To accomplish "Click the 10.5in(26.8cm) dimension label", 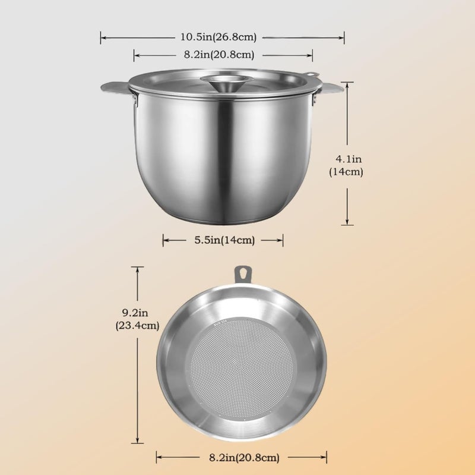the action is tap(218, 37).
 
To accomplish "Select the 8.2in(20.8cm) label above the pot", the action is tap(219, 55).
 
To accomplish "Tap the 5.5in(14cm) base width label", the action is tap(224, 240).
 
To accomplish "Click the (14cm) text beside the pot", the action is tap(346, 172).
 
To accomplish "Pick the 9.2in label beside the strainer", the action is tap(135, 312).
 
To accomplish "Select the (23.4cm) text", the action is tap(137, 325).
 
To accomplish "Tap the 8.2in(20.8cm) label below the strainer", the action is tap(244, 457).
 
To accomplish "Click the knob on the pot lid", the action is tap(227, 82).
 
